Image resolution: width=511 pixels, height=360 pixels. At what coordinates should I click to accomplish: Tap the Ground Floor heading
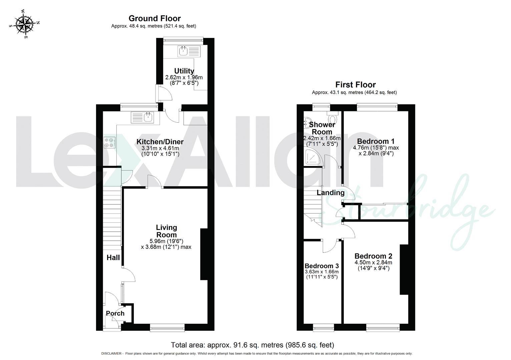[154, 18]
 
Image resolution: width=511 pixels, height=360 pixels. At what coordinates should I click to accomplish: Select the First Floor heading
[355, 85]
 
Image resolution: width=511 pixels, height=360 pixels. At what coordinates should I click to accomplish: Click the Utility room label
[184, 71]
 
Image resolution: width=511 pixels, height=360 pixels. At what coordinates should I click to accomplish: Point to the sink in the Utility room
[183, 51]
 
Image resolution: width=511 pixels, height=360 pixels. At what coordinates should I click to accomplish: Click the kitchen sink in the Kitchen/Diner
[147, 117]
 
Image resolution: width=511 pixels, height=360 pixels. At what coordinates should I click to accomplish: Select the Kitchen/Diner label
[160, 142]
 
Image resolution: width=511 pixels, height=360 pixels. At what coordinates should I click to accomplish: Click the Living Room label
[166, 231]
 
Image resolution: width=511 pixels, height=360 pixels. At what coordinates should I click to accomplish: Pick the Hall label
[113, 257]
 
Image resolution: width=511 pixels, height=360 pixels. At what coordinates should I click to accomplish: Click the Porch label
[115, 313]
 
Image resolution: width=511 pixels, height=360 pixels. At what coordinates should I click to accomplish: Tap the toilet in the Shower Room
[332, 118]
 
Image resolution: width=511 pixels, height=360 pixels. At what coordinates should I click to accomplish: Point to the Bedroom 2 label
[373, 256]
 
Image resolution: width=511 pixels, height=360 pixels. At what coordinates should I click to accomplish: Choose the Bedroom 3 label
[322, 266]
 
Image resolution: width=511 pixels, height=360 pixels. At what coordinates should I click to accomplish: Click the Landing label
[330, 193]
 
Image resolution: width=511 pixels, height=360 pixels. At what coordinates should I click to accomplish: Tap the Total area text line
[252, 345]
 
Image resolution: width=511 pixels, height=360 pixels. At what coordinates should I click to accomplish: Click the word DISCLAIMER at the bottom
[111, 354]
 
